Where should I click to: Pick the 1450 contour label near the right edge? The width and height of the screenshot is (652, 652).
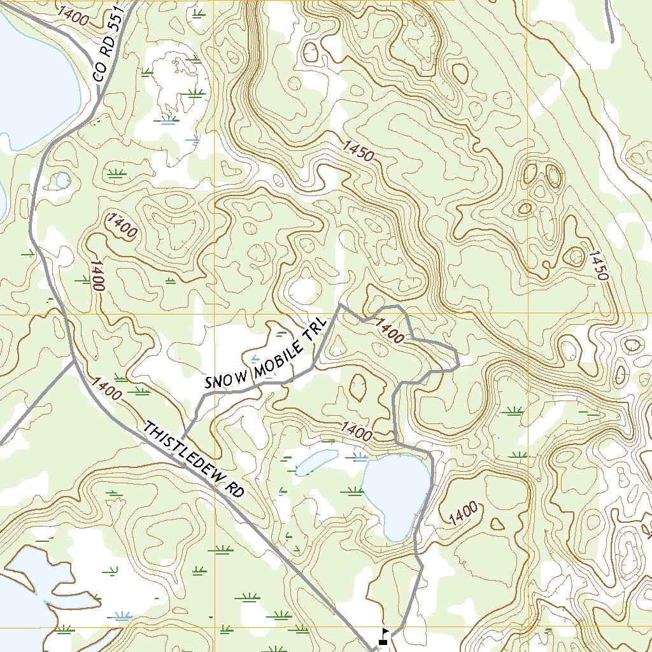(599, 266)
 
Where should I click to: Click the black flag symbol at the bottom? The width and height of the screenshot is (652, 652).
(385, 632)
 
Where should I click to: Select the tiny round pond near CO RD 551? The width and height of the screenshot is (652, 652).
(62, 180)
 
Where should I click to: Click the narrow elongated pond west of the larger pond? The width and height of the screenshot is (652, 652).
(315, 462)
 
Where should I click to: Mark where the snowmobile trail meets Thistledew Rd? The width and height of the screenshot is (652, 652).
(183, 437)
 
